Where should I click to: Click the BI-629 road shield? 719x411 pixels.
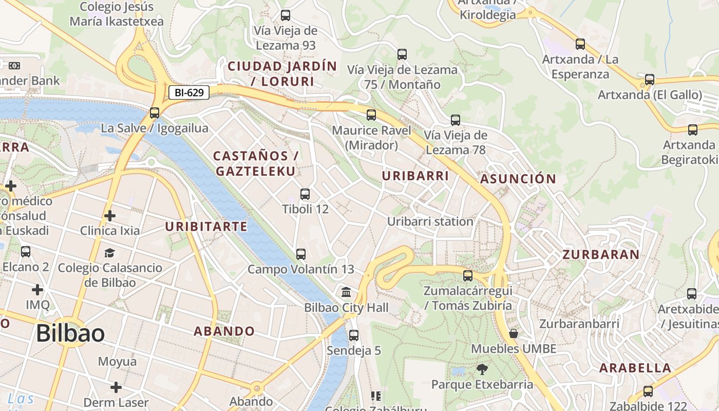190,93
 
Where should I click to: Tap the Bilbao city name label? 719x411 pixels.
70,334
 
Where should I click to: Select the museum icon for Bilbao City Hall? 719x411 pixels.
346,292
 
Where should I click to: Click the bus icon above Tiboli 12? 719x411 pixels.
305,194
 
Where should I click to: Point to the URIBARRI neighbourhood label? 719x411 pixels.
415,176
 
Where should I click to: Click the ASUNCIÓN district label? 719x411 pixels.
518,179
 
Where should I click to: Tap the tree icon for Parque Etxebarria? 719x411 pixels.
482,369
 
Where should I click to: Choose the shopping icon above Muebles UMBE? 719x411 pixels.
513,334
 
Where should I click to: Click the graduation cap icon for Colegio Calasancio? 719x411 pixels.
109,253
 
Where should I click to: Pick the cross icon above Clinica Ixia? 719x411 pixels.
109,216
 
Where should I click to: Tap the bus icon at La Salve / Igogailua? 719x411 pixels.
155,113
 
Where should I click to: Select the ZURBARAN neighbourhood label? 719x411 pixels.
601,254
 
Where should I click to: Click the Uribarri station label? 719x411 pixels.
430,222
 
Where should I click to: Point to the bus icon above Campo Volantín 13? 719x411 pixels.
301,254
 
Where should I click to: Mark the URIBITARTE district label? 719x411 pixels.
206,227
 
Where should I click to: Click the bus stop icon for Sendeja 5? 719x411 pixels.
354,335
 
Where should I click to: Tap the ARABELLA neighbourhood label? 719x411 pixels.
635,368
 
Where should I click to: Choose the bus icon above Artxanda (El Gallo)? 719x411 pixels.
650,80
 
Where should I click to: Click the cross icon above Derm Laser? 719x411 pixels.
116,387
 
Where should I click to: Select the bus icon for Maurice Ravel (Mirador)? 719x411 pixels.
371,115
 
